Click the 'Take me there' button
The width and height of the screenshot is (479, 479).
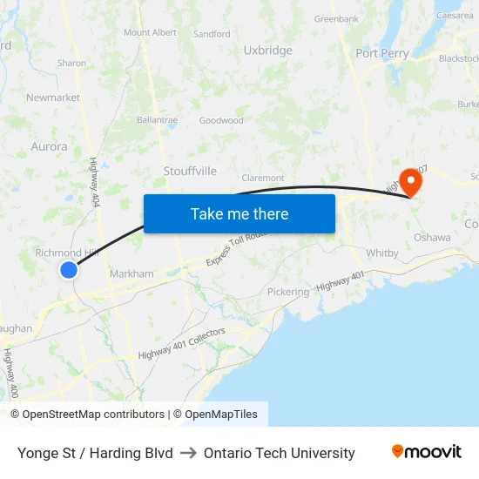(239, 213)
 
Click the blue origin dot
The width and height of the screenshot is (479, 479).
(69, 270)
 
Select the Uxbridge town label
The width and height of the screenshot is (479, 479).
(268, 51)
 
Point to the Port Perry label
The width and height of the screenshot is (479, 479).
(381, 53)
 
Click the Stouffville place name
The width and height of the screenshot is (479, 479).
(190, 172)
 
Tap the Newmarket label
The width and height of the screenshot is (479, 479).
(52, 98)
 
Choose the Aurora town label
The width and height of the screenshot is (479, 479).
(49, 147)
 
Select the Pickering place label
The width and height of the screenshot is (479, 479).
(287, 292)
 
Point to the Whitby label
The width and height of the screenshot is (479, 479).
(382, 253)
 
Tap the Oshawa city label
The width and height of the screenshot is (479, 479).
(433, 237)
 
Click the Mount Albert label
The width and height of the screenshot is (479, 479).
(150, 33)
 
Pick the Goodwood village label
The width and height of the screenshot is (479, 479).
(221, 120)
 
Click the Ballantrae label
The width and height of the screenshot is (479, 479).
(157, 120)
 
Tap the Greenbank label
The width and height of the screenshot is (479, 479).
(336, 18)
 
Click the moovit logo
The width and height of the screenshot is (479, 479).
(426, 452)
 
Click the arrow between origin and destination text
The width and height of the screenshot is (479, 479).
(188, 453)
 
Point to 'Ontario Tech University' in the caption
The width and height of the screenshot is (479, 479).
(279, 453)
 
